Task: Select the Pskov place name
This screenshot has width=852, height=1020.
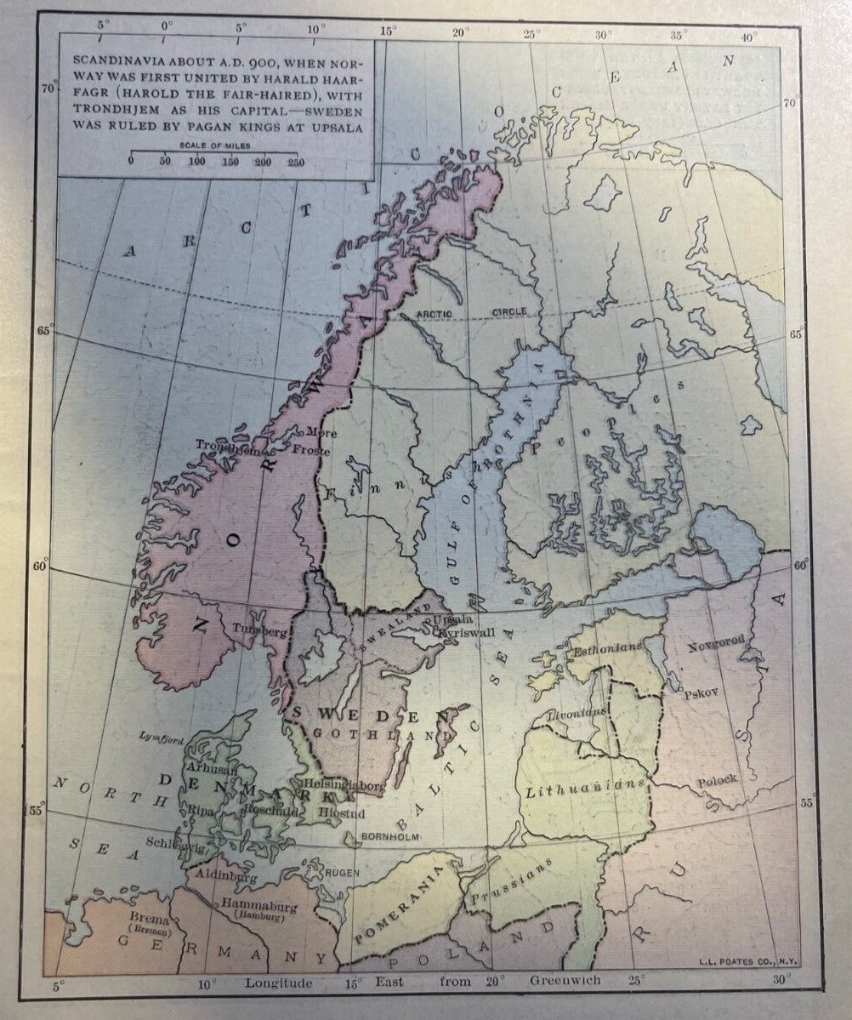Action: [x=701, y=692]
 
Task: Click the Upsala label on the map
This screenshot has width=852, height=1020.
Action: [x=452, y=620]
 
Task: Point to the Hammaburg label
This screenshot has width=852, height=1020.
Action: [x=258, y=905]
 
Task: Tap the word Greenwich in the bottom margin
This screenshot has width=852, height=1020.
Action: [x=565, y=981]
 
